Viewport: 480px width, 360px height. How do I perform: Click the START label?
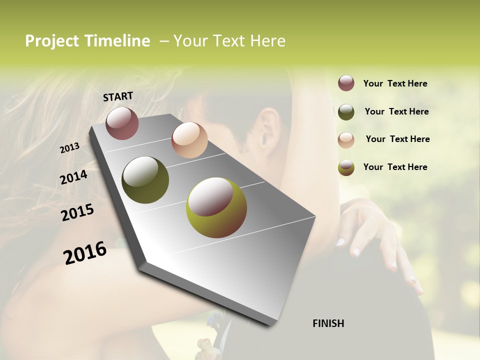[118, 96]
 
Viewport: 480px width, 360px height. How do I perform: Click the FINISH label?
[328, 323]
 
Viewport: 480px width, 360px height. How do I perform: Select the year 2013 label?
[69, 148]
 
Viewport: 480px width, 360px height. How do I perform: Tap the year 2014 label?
[73, 177]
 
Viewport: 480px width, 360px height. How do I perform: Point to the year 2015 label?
[77, 212]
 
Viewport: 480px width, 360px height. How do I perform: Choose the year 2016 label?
[85, 253]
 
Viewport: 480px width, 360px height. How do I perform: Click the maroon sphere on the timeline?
[122, 123]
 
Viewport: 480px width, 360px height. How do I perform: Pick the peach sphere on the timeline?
[189, 140]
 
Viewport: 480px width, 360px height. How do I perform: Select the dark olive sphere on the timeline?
[145, 180]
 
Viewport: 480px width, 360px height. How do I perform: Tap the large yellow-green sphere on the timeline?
[216, 207]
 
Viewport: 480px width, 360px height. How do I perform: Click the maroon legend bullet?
[346, 83]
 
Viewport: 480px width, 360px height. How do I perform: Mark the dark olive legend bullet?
[346, 111]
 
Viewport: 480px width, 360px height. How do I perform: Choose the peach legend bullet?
[346, 139]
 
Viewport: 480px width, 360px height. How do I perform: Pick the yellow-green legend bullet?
[346, 167]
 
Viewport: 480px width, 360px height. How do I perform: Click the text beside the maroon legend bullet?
[395, 83]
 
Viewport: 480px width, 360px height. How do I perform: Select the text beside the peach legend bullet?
[397, 139]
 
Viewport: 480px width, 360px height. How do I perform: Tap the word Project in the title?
[52, 41]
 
